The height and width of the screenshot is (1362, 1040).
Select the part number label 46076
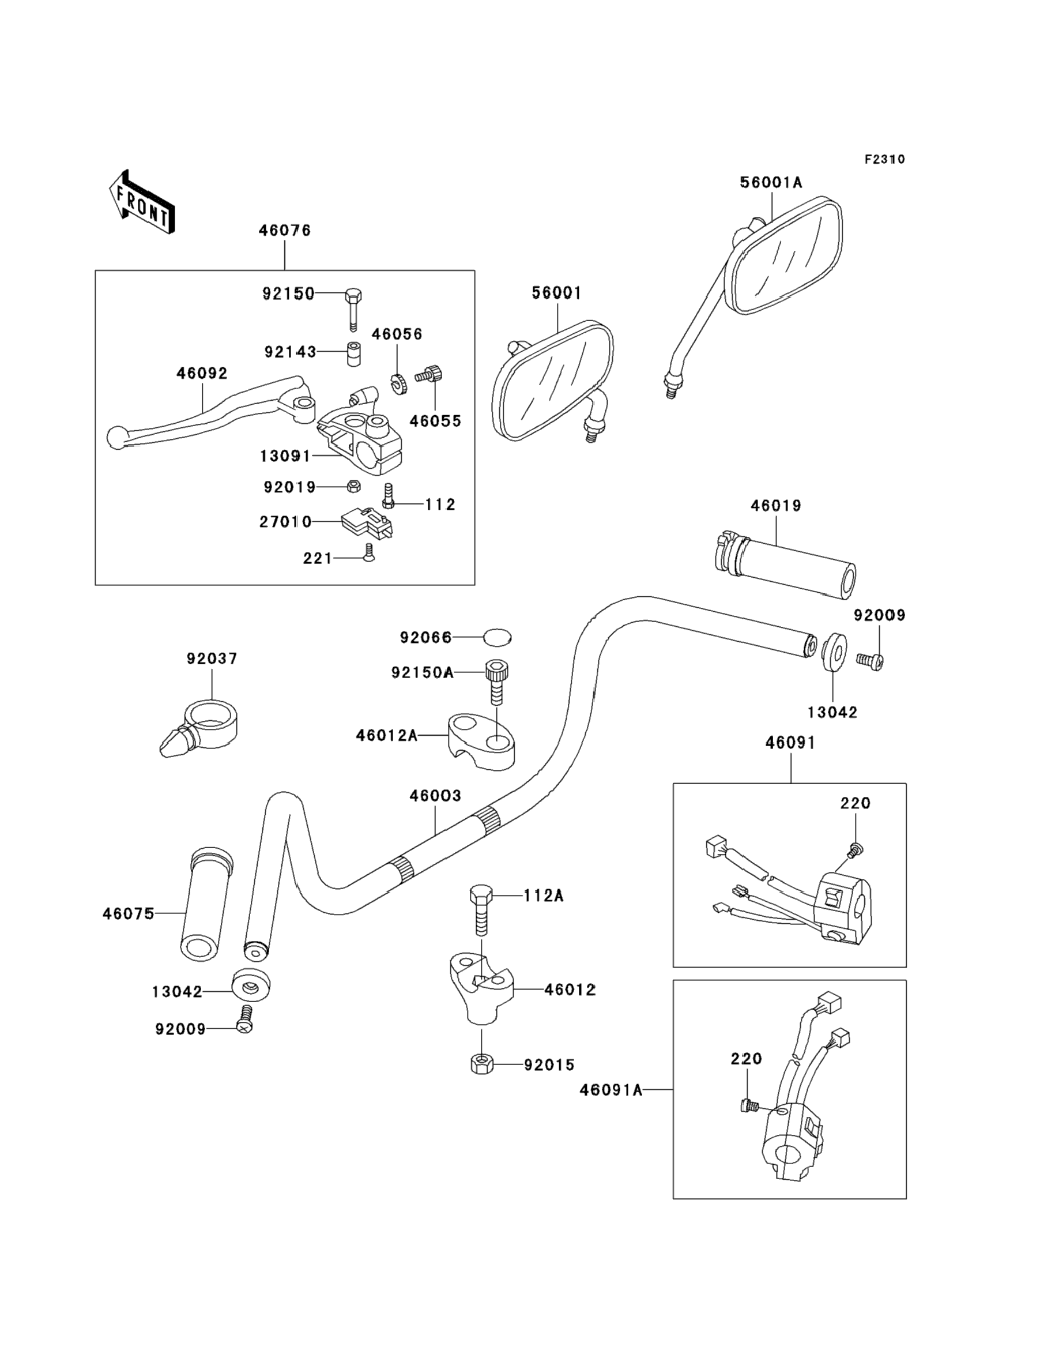(285, 230)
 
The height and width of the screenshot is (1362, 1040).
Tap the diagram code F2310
(884, 159)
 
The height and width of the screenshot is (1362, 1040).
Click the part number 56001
(556, 293)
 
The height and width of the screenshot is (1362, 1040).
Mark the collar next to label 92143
(353, 353)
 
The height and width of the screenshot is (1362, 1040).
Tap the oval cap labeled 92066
(497, 637)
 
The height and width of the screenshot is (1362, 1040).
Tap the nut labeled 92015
(481, 1064)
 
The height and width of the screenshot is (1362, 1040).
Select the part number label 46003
(435, 796)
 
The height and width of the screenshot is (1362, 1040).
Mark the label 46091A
(611, 1090)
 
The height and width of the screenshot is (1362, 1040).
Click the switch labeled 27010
(368, 521)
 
